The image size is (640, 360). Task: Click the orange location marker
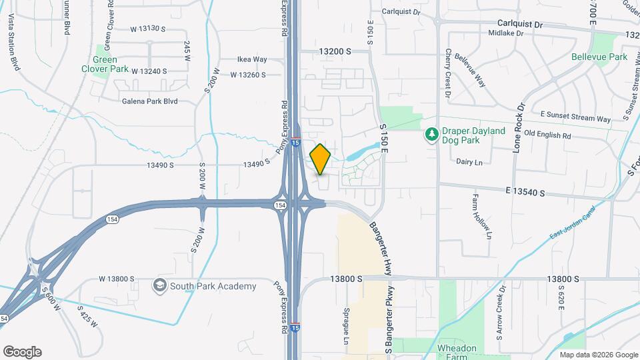point(320,159)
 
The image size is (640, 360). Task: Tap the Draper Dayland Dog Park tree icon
point(431,135)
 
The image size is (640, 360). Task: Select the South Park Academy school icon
point(159,286)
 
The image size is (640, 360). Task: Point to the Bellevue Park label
point(599,57)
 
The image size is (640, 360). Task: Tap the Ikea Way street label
point(252,59)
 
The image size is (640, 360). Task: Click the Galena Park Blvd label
point(149,101)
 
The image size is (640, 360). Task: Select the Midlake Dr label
point(507,33)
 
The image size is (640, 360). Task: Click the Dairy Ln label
point(469,161)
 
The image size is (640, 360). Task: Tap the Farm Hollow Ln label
point(481,217)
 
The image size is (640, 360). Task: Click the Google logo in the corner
point(22,352)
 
